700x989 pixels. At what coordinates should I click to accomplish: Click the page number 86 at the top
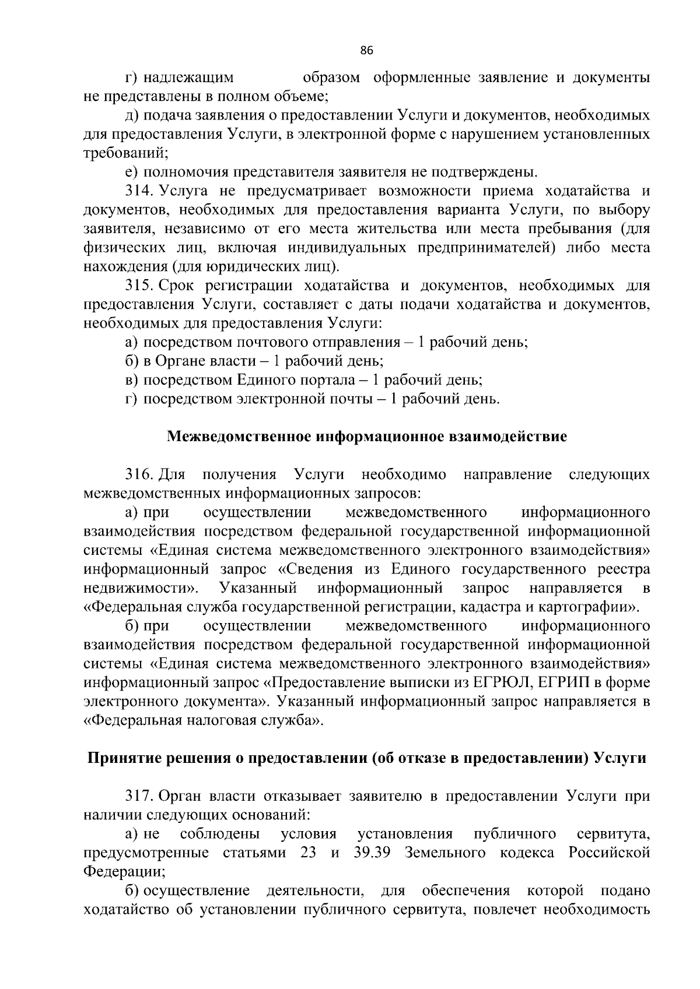366,50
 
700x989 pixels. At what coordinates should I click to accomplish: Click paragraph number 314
138,191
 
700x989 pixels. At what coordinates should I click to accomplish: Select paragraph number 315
138,286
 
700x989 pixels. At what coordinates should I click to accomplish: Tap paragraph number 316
138,474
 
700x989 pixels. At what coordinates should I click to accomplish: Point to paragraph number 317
138,796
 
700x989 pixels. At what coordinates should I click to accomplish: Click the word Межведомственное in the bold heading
239,437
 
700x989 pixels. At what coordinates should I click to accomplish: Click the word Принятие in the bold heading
120,758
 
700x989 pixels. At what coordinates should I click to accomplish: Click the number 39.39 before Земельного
372,853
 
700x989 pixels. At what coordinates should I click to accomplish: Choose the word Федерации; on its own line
124,872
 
